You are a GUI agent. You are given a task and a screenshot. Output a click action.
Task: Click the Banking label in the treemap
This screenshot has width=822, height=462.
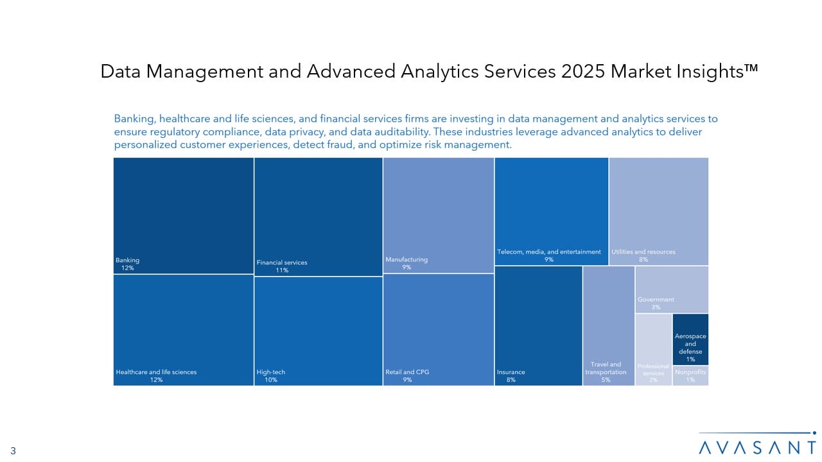pos(127,261)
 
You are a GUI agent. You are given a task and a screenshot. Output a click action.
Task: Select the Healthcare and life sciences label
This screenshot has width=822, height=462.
pos(156,372)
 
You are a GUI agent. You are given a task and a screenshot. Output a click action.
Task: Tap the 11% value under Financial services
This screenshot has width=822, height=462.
pos(282,270)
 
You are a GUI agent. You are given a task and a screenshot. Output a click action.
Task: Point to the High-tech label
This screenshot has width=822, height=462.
pos(271,372)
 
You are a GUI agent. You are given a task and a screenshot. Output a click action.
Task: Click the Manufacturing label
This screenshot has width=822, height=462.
pos(407,260)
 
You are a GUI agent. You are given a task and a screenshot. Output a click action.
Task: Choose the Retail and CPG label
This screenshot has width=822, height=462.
pos(407,372)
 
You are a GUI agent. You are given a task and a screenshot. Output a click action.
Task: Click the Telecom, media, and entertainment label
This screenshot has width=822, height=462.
pos(549,252)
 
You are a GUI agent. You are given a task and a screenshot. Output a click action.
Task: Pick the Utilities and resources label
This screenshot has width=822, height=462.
pos(643,252)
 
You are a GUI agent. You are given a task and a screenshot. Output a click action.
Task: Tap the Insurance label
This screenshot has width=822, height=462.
pos(511,372)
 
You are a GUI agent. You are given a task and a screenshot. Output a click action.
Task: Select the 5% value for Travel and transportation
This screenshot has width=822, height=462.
pos(606,380)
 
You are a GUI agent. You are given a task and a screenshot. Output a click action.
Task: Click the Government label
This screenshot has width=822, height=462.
pos(656,300)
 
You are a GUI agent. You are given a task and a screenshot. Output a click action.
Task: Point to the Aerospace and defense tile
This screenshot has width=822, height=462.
pos(690,339)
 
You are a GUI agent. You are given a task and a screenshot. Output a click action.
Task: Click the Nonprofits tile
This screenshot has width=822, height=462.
pos(690,376)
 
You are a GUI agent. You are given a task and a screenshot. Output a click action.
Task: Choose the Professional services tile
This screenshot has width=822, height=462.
pos(654,350)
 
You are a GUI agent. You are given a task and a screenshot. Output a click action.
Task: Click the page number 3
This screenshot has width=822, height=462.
pos(13,450)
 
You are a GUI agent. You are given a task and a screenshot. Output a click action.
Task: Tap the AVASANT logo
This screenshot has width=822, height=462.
pos(757,443)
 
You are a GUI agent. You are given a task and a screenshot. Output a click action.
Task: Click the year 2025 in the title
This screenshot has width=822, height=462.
pos(582,71)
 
